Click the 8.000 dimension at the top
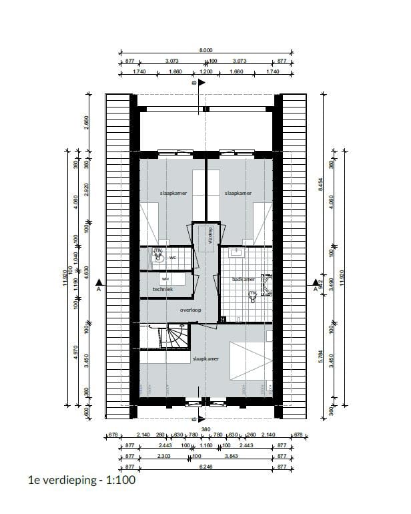[x=206, y=50]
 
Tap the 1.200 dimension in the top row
[x=206, y=71]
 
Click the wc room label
[x=172, y=256]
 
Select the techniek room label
[x=163, y=289]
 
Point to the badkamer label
[x=243, y=279]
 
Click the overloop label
[x=190, y=310]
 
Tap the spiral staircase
[x=175, y=335]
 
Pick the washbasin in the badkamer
[x=236, y=252]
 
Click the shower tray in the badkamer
[x=267, y=284]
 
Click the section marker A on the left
[x=99, y=286]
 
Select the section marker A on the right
[x=315, y=286]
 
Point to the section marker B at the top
[x=195, y=85]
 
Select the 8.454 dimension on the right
[x=330, y=190]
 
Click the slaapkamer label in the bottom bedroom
[x=206, y=358]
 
